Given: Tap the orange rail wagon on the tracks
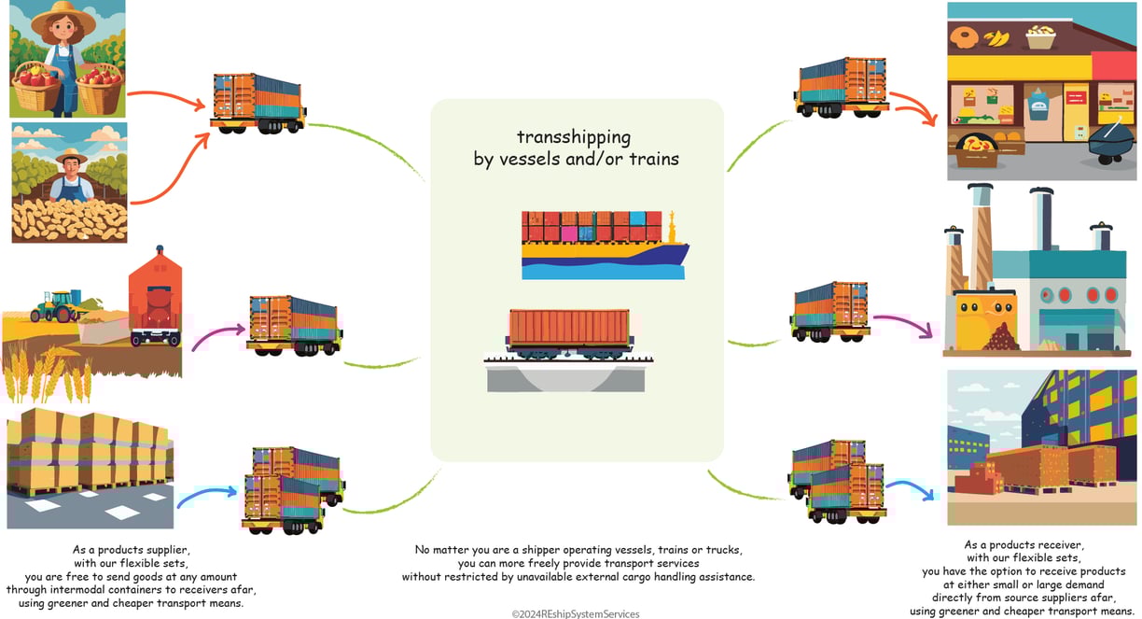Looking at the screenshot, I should (568, 333).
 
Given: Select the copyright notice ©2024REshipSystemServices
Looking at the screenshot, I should (575, 613).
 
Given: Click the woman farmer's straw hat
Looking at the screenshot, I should (63, 13).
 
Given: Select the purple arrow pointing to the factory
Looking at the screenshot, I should (905, 323).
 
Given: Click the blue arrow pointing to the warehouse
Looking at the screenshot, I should (912, 487).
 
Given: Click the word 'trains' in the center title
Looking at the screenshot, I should (652, 160).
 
